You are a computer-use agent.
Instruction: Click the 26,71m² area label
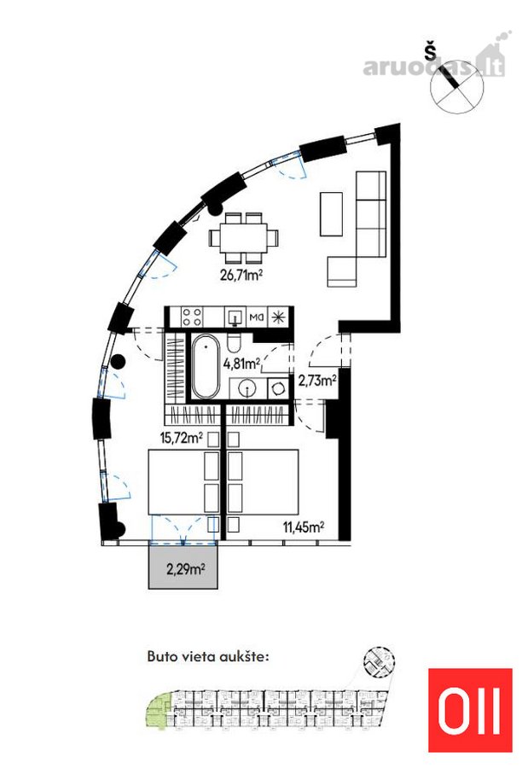click(241, 275)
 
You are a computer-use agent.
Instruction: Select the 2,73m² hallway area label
click(317, 380)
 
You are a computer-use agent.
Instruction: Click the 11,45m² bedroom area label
click(304, 527)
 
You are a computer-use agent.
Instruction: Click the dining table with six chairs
click(244, 238)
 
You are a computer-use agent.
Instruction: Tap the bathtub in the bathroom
click(206, 366)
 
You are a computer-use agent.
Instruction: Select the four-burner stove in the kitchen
click(192, 317)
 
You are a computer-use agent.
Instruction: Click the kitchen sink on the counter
click(235, 317)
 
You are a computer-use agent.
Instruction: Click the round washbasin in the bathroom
click(247, 389)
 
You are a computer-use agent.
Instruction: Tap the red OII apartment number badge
click(470, 710)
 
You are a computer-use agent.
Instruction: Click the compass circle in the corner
click(457, 87)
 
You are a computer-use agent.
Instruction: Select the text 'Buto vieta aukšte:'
click(208, 656)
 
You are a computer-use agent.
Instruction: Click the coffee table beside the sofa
click(331, 213)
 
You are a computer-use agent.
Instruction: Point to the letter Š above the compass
click(431, 51)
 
